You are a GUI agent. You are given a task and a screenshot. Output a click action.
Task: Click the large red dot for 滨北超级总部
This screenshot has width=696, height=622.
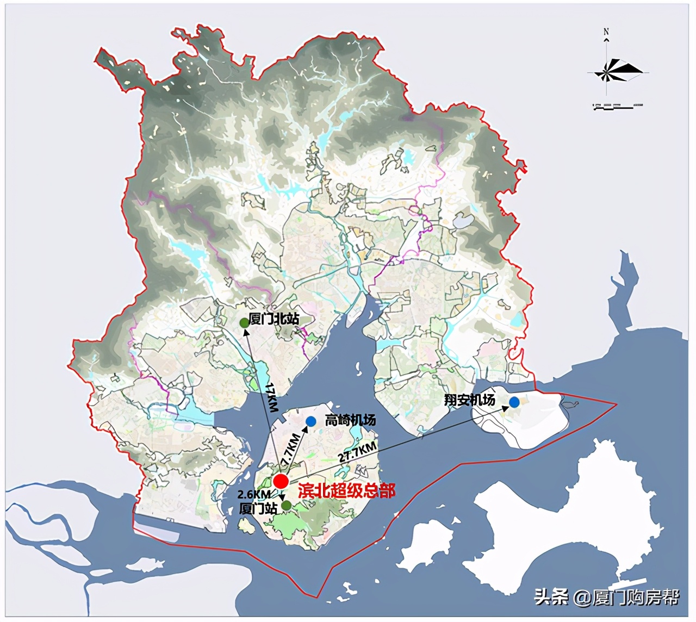pyautogui.click(x=281, y=481)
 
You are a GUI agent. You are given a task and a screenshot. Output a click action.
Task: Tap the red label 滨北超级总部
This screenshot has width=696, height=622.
pyautogui.click(x=346, y=490)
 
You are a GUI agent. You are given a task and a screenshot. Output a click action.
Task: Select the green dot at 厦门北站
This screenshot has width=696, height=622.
pyautogui.click(x=245, y=323)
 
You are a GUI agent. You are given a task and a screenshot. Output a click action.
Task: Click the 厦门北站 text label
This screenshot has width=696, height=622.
pyautogui.click(x=274, y=319)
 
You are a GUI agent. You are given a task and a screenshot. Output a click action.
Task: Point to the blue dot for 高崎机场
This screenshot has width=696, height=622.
pyautogui.click(x=311, y=421)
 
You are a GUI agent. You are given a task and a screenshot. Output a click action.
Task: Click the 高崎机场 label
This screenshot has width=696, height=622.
pyautogui.click(x=350, y=420)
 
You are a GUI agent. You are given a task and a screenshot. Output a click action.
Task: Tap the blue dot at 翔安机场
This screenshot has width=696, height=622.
pyautogui.click(x=514, y=402)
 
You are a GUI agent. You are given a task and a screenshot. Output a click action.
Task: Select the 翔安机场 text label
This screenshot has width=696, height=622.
pyautogui.click(x=470, y=400)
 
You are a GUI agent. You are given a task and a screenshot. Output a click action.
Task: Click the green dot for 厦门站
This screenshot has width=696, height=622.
pyautogui.click(x=286, y=505)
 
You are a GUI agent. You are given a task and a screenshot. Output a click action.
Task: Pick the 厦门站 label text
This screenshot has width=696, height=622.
pyautogui.click(x=258, y=508)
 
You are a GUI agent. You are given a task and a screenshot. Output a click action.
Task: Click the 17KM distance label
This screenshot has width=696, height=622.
pyautogui.click(x=271, y=397)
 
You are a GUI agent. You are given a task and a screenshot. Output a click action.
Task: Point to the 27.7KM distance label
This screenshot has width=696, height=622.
pyautogui.click(x=357, y=452)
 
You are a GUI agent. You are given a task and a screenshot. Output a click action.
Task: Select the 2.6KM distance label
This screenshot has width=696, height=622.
pyautogui.click(x=254, y=494)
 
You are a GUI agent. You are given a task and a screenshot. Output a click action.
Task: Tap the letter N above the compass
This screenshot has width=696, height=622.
pyautogui.click(x=606, y=32)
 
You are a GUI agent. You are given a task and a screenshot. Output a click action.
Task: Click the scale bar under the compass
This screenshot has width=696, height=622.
pyautogui.click(x=618, y=105)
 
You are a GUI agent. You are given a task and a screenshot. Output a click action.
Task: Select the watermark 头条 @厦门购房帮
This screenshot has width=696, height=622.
pyautogui.click(x=606, y=597)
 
